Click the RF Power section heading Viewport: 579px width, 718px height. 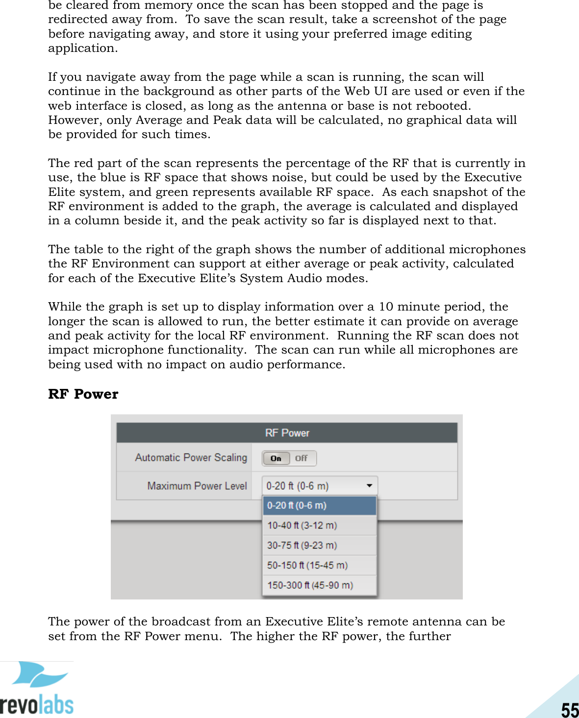click(83, 394)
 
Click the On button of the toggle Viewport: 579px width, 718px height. click(276, 458)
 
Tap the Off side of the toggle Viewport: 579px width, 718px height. click(302, 458)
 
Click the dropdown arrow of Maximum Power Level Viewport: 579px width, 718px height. click(369, 486)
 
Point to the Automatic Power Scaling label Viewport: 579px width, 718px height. click(191, 457)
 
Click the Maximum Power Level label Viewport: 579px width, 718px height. click(197, 486)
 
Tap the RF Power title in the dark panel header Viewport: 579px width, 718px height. click(287, 433)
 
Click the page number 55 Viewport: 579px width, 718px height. click(570, 710)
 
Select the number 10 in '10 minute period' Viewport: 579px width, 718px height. click(386, 307)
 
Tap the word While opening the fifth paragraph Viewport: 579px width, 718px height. click(65, 307)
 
